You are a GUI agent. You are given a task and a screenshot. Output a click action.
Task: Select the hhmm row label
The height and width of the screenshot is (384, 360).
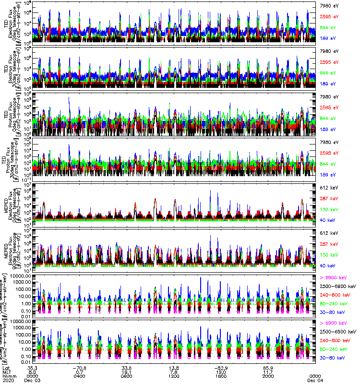(7, 376)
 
